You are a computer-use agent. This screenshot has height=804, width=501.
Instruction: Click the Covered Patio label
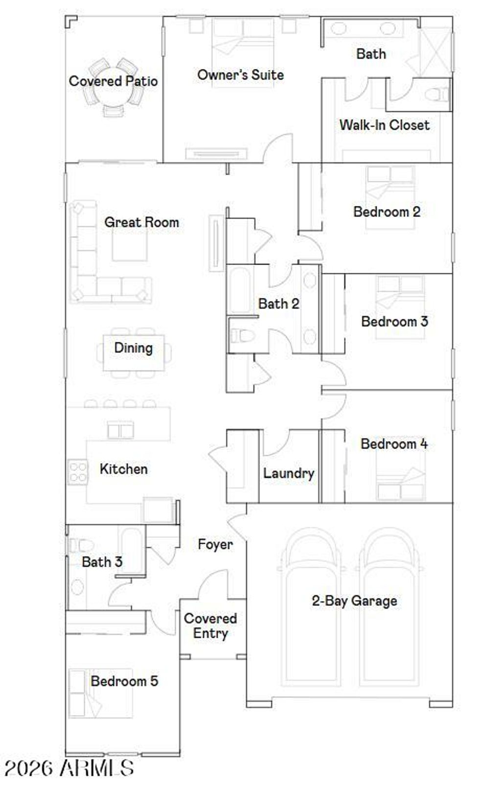113,81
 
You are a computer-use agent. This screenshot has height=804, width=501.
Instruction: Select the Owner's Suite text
240,75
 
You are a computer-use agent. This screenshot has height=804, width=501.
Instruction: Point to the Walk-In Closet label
384,125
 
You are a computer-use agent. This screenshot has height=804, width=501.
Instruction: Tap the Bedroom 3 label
394,322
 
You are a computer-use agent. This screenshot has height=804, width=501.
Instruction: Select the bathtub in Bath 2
240,290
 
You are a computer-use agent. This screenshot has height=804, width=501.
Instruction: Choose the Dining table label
133,348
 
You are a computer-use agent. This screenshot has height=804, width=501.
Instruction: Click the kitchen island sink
120,430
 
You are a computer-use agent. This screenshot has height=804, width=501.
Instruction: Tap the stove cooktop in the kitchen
78,472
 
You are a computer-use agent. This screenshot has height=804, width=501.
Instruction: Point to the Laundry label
289,473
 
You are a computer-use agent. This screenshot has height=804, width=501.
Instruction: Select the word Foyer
215,544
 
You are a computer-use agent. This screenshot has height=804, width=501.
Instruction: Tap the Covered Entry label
210,626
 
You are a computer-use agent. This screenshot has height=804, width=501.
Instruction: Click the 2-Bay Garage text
354,601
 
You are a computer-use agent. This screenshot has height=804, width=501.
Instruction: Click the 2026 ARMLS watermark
69,768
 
